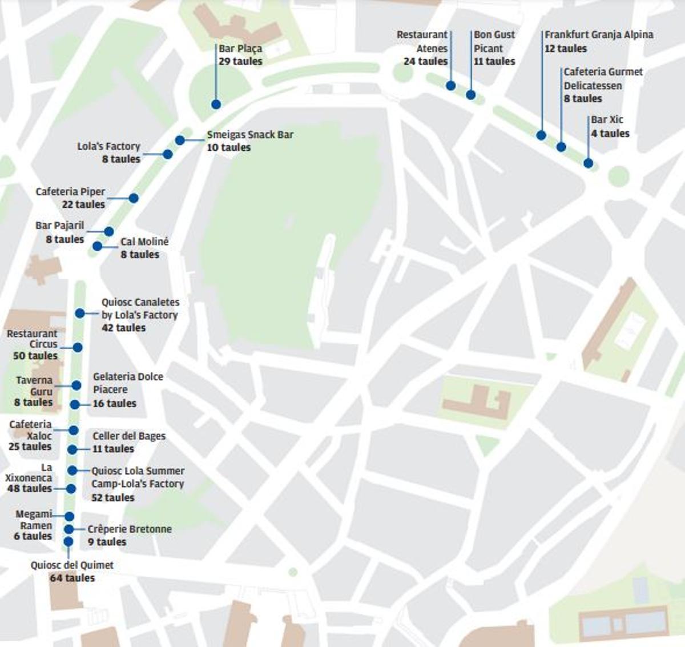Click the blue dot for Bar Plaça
click(216, 104)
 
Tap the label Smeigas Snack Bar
click(250, 135)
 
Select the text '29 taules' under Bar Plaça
click(240, 61)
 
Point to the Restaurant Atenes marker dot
click(451, 86)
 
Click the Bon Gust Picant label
click(494, 42)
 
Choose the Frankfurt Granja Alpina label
click(599, 35)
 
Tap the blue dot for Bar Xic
click(589, 163)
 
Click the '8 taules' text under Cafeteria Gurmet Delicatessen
click(583, 98)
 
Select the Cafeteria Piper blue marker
click(134, 198)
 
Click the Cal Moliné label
click(144, 242)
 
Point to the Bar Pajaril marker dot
click(109, 231)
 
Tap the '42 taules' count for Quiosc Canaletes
click(123, 328)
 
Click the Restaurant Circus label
click(33, 339)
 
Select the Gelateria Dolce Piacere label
click(128, 383)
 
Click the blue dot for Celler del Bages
click(72, 450)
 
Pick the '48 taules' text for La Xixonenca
click(29, 488)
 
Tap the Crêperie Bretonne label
click(130, 529)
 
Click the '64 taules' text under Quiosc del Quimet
click(72, 578)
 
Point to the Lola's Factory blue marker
click(167, 154)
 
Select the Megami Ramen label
click(34, 520)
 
